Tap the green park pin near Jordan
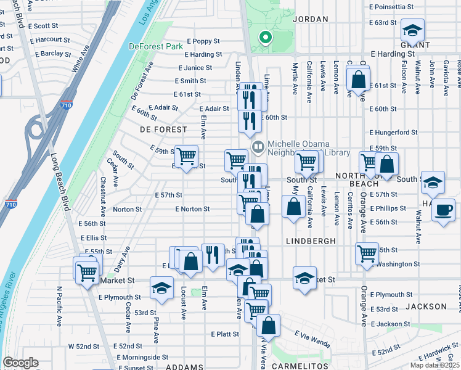click(x=266, y=38)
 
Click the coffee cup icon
click(x=443, y=209)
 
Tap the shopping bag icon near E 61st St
click(x=357, y=80)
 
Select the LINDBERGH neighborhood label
click(x=311, y=240)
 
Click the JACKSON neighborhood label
click(x=426, y=306)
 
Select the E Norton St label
click(x=192, y=209)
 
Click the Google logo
click(x=20, y=363)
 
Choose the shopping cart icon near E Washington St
click(x=367, y=253)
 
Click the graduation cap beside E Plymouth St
click(x=161, y=288)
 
